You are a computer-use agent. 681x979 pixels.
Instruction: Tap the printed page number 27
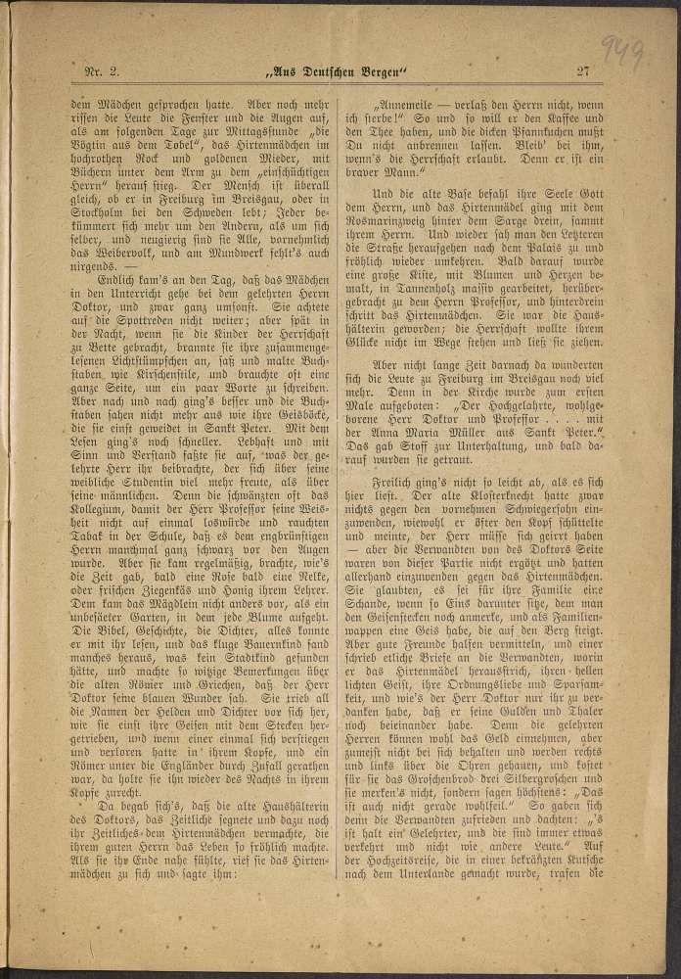(x=583, y=70)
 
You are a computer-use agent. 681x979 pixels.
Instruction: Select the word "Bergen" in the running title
(x=388, y=70)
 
